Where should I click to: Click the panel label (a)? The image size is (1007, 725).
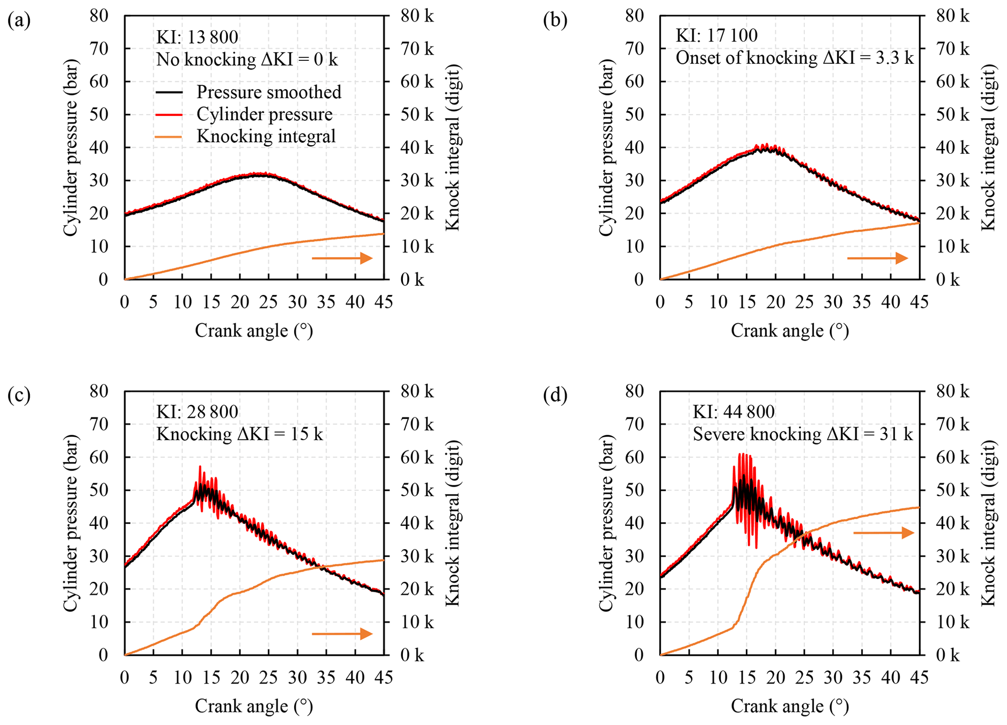(19, 21)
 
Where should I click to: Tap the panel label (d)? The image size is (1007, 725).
(555, 396)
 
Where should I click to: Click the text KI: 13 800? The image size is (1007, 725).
(197, 37)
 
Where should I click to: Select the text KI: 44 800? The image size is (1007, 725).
(734, 412)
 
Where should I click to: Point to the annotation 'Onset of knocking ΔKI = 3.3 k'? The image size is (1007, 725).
(795, 58)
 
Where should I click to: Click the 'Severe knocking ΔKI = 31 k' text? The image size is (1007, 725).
(803, 434)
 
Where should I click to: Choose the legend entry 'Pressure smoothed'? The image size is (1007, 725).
(268, 92)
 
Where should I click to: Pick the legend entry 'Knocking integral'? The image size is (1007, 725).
(266, 136)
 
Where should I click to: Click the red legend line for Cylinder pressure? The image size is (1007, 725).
(169, 114)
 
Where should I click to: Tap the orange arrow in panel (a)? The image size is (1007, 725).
(342, 258)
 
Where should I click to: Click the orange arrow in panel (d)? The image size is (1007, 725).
(883, 533)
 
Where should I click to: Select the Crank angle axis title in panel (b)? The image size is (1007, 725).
(790, 331)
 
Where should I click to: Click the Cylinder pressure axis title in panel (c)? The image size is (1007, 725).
(71, 523)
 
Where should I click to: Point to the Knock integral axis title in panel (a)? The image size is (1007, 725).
(453, 148)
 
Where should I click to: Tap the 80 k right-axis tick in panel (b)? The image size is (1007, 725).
(952, 16)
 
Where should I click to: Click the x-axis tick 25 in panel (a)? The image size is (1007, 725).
(268, 302)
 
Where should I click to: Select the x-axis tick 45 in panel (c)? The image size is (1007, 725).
(383, 678)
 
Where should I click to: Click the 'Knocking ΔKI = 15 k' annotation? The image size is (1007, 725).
(239, 434)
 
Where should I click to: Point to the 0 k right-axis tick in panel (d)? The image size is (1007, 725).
(948, 655)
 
